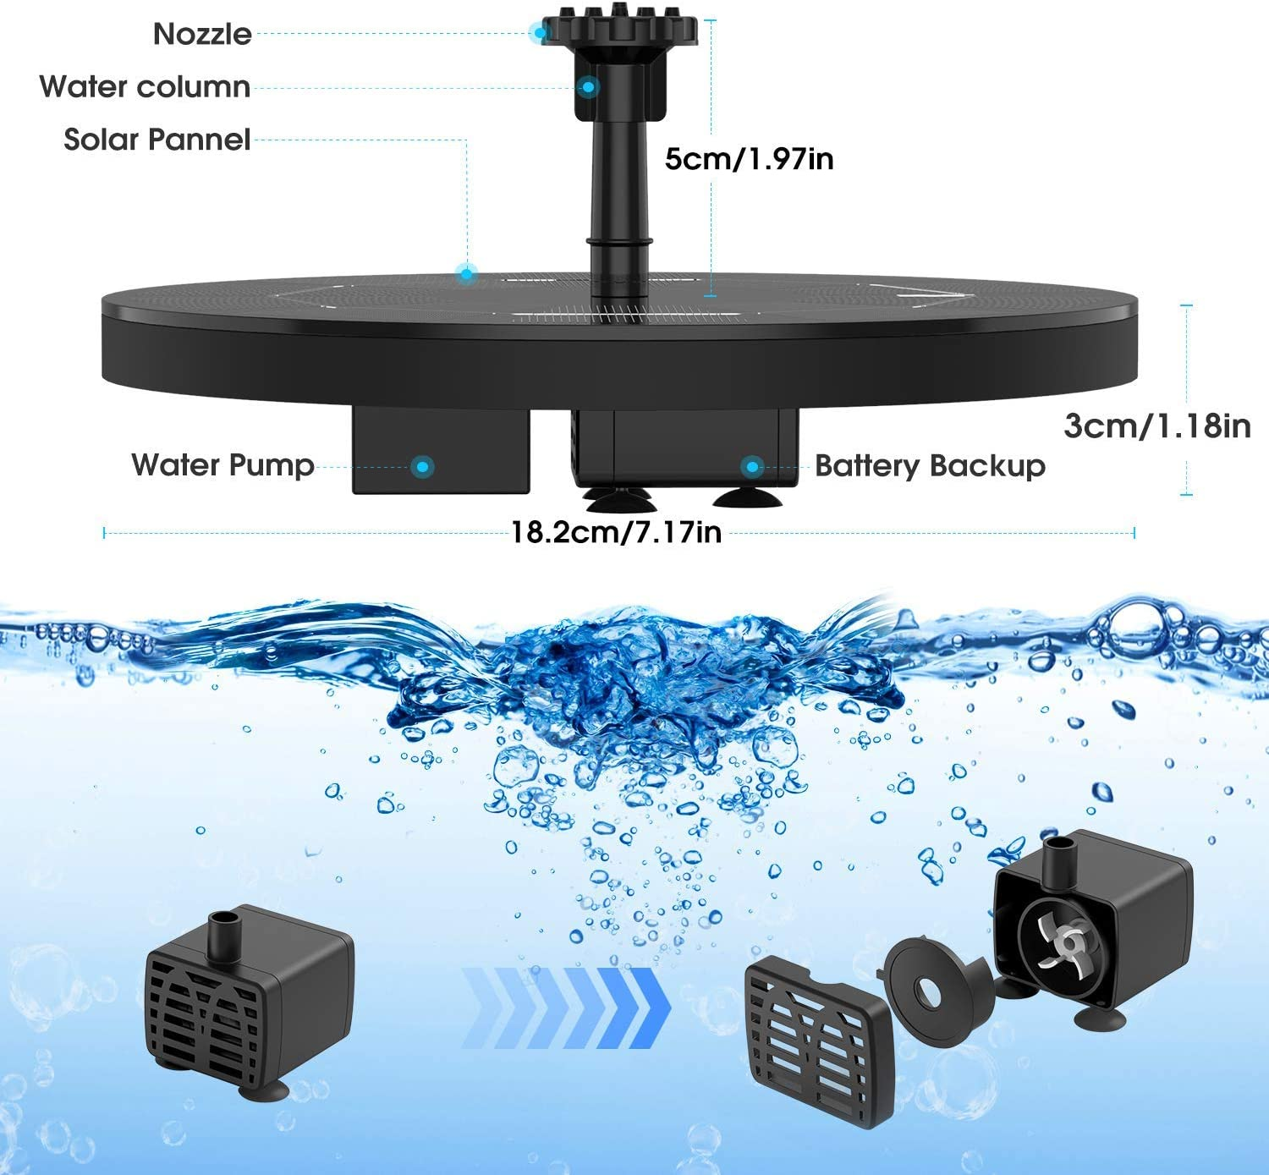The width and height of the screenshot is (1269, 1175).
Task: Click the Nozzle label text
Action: tap(202, 34)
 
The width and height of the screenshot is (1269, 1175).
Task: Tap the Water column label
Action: tap(145, 86)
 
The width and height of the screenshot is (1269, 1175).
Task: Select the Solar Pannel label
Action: tap(157, 140)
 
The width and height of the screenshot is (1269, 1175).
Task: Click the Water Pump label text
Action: tap(222, 464)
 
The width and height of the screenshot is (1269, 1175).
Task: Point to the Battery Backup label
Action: tap(930, 466)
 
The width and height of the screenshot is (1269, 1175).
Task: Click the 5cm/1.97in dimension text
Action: tap(749, 158)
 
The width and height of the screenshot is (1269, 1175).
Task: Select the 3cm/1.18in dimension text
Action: tap(1156, 426)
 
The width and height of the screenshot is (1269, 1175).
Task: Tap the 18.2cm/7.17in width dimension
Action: tap(616, 532)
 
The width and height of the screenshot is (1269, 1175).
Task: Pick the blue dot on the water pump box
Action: tap(423, 466)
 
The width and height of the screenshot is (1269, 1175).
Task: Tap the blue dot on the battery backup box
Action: tap(751, 466)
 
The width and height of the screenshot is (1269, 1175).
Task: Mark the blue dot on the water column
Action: tap(588, 86)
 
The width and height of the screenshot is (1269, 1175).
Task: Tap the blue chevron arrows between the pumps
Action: tap(567, 1008)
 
